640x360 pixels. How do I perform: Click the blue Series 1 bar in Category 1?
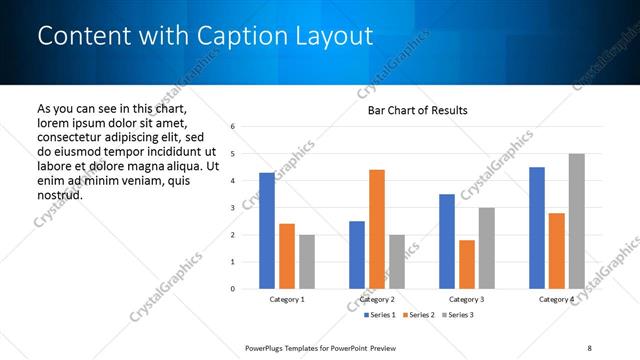tap(267, 231)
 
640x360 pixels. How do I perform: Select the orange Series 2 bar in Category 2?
tap(377, 229)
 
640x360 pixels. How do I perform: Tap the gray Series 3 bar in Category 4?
tap(576, 221)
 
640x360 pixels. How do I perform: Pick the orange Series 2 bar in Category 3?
tap(467, 264)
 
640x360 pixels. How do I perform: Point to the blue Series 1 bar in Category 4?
tap(537, 228)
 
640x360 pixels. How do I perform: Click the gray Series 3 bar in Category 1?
tap(306, 262)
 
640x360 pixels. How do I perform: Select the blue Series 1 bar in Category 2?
tap(357, 255)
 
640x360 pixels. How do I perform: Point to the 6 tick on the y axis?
tap(232, 127)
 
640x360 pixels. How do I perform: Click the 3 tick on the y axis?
tap(232, 208)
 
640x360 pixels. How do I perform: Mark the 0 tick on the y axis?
tap(232, 289)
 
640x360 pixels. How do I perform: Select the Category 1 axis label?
tap(287, 300)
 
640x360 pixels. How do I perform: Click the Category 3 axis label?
tap(467, 300)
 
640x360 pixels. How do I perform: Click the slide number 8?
tap(589, 347)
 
